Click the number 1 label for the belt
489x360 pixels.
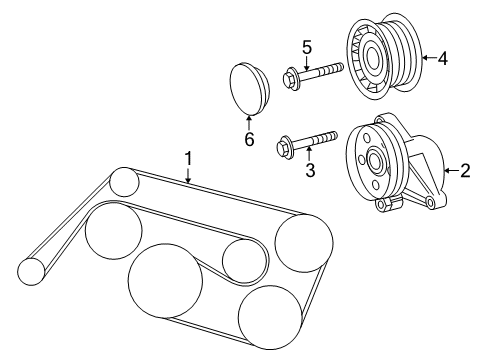pyautogui.click(x=187, y=158)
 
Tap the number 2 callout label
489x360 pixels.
pyautogui.click(x=464, y=170)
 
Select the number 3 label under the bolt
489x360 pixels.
pyautogui.click(x=310, y=171)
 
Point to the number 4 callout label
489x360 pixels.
pyautogui.click(x=442, y=58)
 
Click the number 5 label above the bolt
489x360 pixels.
pyautogui.click(x=308, y=46)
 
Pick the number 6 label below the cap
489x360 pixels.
pyautogui.click(x=250, y=139)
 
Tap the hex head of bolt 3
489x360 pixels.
pyautogui.click(x=285, y=148)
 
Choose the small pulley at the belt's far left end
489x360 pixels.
pyautogui.click(x=33, y=270)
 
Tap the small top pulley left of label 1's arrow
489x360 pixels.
pyautogui.click(x=125, y=181)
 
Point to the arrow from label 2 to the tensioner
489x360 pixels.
pyautogui.click(x=449, y=170)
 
